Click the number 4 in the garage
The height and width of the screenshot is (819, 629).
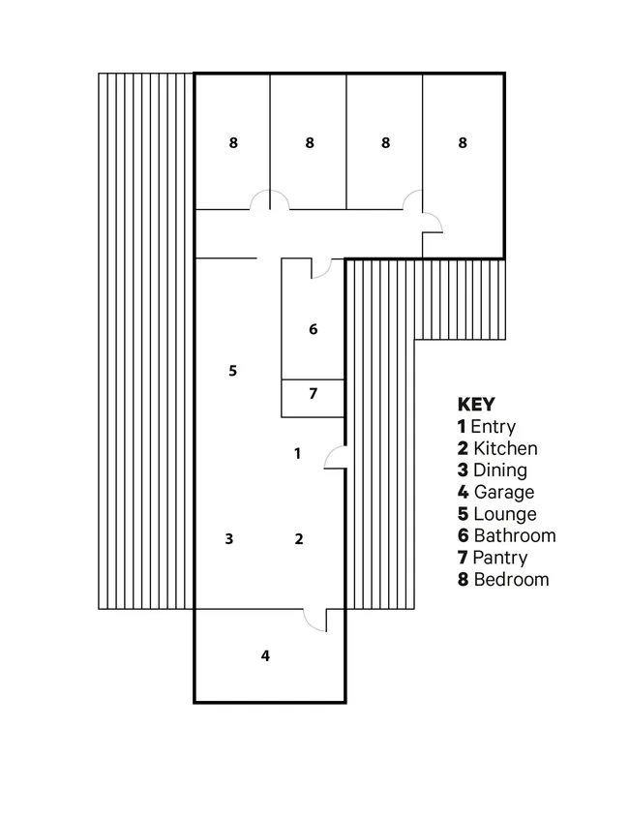pyautogui.click(x=265, y=655)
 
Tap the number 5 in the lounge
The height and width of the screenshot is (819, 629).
pyautogui.click(x=233, y=371)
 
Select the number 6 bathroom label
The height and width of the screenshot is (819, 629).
pyautogui.click(x=314, y=329)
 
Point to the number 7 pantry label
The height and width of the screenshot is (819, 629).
pyautogui.click(x=314, y=393)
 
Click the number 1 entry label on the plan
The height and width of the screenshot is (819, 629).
pyautogui.click(x=297, y=453)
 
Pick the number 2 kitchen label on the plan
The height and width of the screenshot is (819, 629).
pyautogui.click(x=299, y=538)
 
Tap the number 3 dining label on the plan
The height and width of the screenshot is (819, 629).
pyautogui.click(x=229, y=538)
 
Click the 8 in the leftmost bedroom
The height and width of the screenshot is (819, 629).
pyautogui.click(x=233, y=142)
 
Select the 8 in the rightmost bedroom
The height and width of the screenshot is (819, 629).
pyautogui.click(x=463, y=142)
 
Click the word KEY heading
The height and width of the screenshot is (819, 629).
pyautogui.click(x=476, y=405)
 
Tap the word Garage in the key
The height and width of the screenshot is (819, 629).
pyautogui.click(x=504, y=492)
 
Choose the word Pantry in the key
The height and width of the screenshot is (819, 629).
pyautogui.click(x=500, y=558)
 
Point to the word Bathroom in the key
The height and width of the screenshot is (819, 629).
pyautogui.click(x=515, y=536)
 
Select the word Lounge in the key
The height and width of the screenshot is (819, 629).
pyautogui.click(x=505, y=514)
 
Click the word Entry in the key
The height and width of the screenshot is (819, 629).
pyautogui.click(x=493, y=427)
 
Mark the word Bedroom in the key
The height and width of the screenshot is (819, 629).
pyautogui.click(x=512, y=580)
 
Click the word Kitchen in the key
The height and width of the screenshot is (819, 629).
pyautogui.click(x=505, y=448)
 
